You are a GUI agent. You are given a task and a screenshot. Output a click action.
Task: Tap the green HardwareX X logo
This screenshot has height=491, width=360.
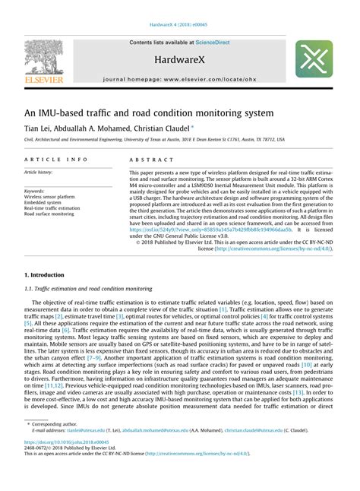point(314,60)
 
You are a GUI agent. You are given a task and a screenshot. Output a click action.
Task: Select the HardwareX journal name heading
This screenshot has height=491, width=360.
point(179,59)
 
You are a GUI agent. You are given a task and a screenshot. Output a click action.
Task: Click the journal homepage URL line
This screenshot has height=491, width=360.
point(179,79)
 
